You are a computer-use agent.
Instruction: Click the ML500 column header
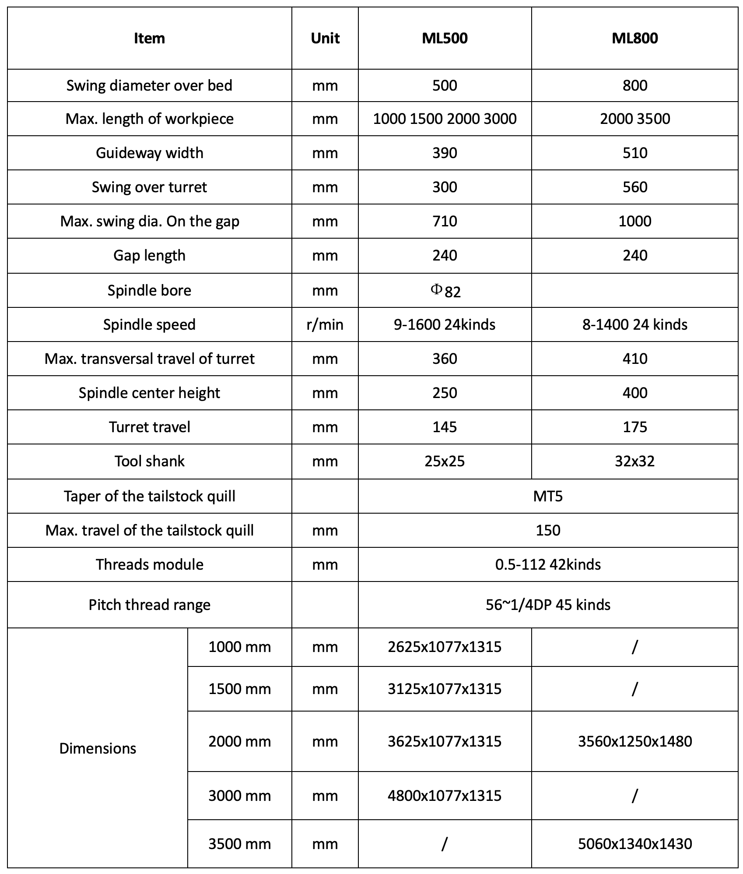(445, 38)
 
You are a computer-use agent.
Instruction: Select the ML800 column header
(634, 38)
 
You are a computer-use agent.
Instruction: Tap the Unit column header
(325, 38)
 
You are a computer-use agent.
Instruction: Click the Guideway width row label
(150, 153)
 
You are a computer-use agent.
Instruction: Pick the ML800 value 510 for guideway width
(634, 153)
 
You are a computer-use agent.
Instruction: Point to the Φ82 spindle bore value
(445, 291)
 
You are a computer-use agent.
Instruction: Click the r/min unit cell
(325, 324)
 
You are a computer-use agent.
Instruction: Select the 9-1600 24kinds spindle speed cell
(445, 324)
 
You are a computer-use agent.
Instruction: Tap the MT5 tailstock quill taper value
(548, 496)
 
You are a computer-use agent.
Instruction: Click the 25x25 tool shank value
(445, 461)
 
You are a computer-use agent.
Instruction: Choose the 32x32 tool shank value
(634, 461)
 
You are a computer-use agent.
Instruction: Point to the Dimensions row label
(98, 748)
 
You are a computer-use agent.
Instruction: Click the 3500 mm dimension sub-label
(239, 844)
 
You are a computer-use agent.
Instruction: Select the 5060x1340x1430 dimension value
(634, 844)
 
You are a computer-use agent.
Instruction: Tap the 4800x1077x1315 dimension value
(445, 796)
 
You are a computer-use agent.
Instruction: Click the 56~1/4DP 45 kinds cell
(548, 605)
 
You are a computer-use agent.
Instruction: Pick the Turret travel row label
(150, 427)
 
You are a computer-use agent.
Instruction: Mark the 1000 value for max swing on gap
(634, 221)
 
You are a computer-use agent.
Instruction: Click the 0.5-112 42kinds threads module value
(548, 564)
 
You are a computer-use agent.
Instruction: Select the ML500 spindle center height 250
(445, 393)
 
